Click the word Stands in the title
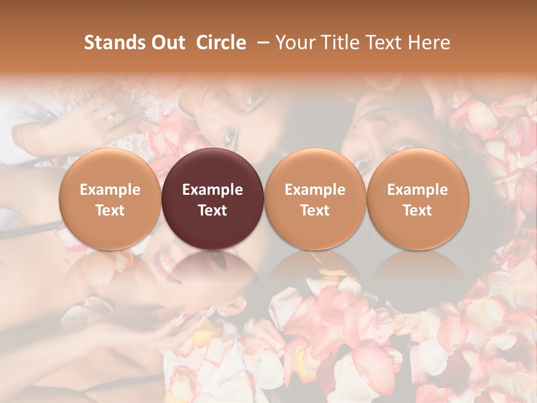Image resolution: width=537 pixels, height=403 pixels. pyautogui.click(x=114, y=43)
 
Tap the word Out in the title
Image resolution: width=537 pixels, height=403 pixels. pyautogui.click(x=167, y=43)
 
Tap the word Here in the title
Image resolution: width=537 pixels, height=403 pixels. pyautogui.click(x=430, y=43)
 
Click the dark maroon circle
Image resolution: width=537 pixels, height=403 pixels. pyautogui.click(x=213, y=199)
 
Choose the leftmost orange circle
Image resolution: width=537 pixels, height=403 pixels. pyautogui.click(x=110, y=199)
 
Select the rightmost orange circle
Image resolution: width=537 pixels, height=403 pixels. pyautogui.click(x=418, y=199)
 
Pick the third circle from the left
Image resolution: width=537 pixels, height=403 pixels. pyautogui.click(x=315, y=199)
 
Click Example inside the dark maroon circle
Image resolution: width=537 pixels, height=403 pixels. pyautogui.click(x=213, y=190)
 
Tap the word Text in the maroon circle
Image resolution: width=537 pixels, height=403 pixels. pyautogui.click(x=213, y=210)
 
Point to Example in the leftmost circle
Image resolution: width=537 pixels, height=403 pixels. pyautogui.click(x=110, y=190)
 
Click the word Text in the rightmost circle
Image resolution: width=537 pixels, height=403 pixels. pyautogui.click(x=418, y=210)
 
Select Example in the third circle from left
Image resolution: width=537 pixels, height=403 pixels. pyautogui.click(x=315, y=190)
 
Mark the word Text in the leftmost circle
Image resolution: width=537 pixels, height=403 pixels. pyautogui.click(x=110, y=210)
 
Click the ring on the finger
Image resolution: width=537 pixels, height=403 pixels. pyautogui.click(x=111, y=119)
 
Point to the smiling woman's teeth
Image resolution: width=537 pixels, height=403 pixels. pyautogui.click(x=164, y=261)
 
